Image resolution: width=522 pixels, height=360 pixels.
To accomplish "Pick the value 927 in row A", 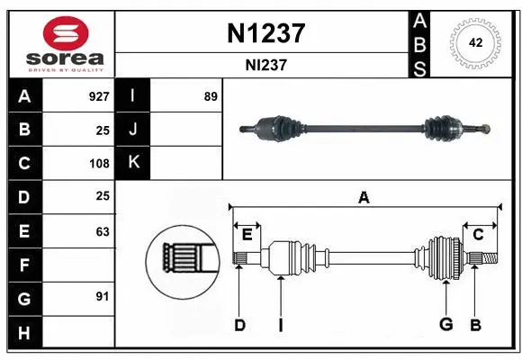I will point(99,96).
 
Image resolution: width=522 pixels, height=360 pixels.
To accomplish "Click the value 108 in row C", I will point(99,164).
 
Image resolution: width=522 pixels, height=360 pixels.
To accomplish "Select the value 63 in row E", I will point(103,231).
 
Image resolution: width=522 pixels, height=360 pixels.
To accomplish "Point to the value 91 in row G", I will point(103,296).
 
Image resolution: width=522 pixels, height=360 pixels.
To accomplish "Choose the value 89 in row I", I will point(210,96).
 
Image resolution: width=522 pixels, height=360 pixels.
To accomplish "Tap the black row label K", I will point(133,163).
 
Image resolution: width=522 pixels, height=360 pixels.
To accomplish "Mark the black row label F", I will point(23,265).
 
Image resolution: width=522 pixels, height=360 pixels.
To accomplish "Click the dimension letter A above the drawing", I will point(364,197).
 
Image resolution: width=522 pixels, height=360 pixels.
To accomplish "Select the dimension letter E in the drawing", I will point(247,234).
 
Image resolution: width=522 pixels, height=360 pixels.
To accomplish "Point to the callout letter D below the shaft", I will point(239,326).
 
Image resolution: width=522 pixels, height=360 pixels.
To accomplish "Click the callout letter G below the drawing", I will point(445,326).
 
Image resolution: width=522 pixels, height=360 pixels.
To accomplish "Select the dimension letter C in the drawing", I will point(479,234).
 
